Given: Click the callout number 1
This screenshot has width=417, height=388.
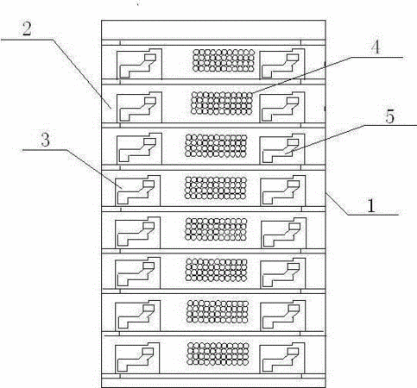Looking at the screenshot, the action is click(371, 206).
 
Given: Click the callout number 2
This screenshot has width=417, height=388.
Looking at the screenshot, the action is click(27, 28).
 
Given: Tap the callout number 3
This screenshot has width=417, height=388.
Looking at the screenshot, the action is click(46, 141).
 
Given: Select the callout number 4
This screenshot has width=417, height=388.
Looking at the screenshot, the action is click(375, 47).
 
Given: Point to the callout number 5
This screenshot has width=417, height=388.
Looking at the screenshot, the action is click(389, 116).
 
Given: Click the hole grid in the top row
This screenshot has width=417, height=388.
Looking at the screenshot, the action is click(224, 60).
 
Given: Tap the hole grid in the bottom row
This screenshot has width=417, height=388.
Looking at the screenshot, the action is click(218, 354).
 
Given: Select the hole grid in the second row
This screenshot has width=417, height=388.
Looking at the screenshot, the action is click(222, 103).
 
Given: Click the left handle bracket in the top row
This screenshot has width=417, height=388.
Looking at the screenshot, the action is click(139, 64).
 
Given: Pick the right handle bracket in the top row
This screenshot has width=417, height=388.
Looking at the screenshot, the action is click(282, 64).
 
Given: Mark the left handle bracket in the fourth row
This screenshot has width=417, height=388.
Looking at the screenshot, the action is click(138, 191).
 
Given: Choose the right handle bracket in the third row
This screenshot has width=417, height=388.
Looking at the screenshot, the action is click(282, 149).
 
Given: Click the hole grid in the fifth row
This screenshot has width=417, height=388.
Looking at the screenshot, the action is click(216, 229).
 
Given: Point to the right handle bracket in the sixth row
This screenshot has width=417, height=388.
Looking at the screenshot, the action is click(283, 273).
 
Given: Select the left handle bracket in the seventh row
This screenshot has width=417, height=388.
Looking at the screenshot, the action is click(138, 316).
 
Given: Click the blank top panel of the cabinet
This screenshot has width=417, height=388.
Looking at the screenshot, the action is click(213, 30).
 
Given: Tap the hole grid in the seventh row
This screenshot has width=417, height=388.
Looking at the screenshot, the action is click(218, 311).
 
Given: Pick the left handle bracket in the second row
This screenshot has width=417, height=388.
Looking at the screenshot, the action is click(139, 107).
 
